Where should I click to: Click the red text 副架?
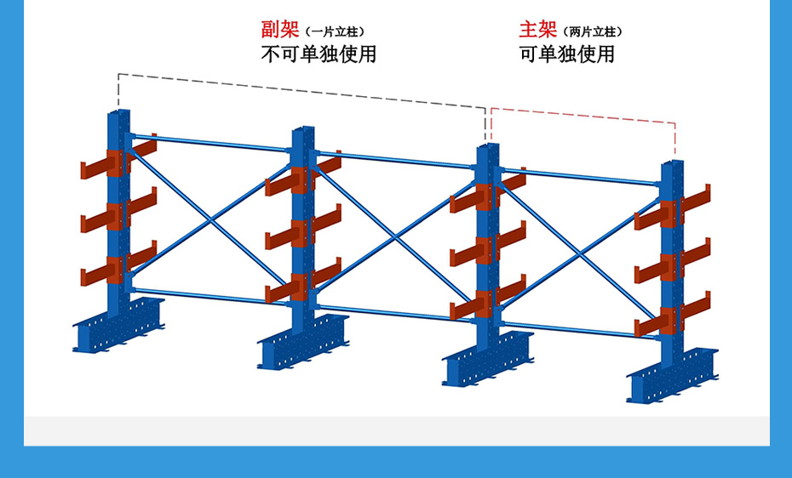click(x=279, y=31)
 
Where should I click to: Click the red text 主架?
click(x=537, y=31)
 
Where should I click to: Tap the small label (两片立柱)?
click(x=594, y=32)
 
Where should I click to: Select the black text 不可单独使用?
click(x=318, y=54)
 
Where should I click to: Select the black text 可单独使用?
click(x=567, y=54)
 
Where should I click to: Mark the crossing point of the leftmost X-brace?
click(x=210, y=219)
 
